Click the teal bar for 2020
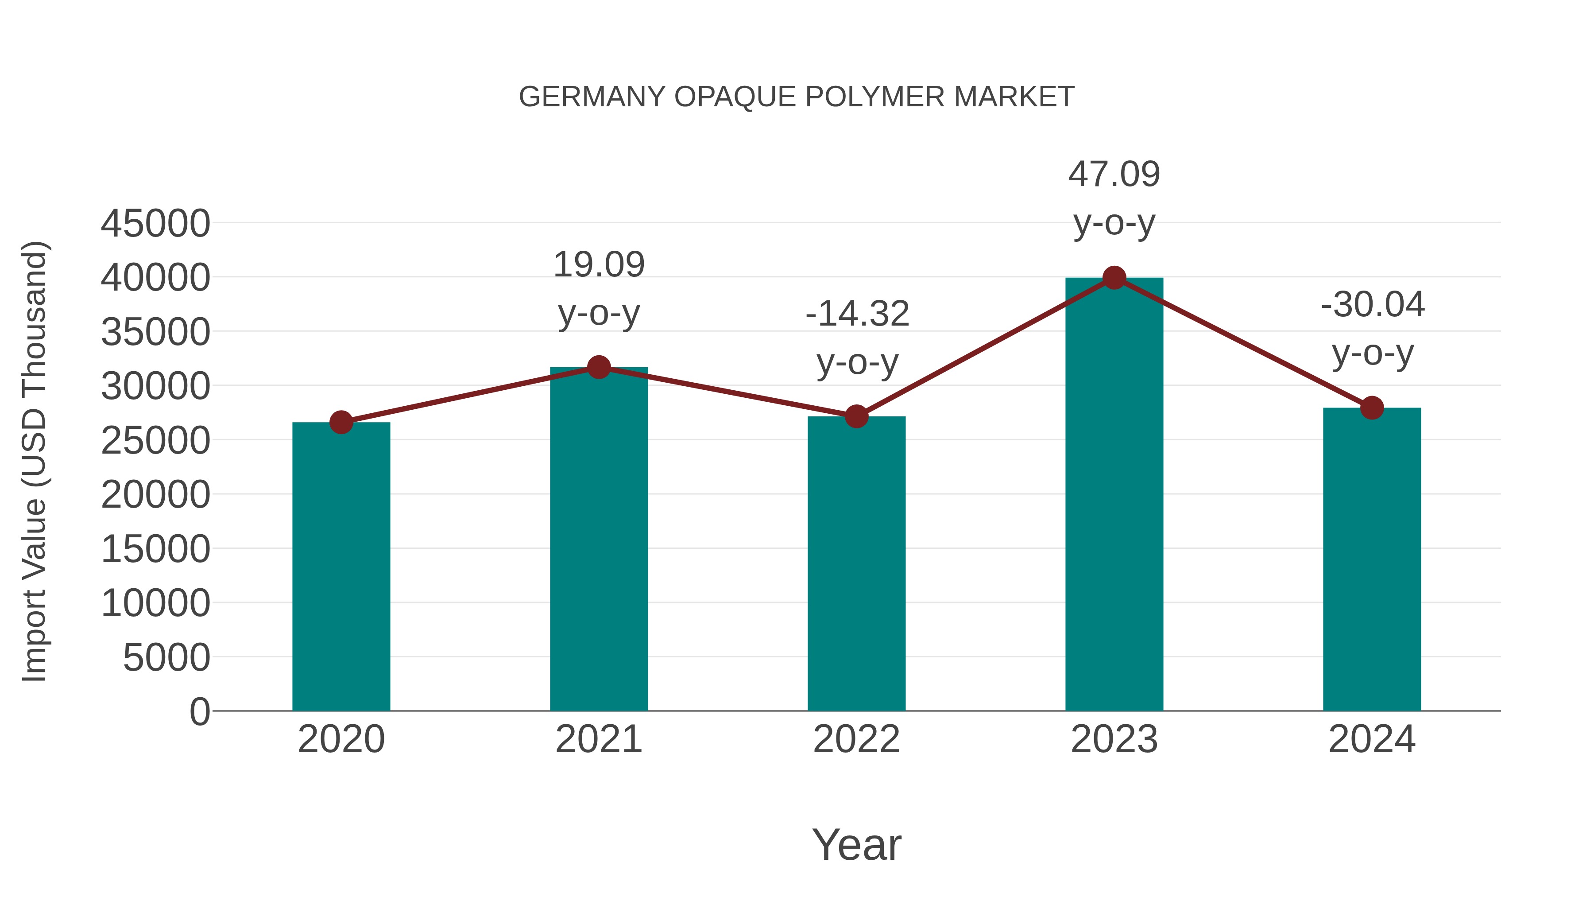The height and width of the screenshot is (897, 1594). pyautogui.click(x=341, y=567)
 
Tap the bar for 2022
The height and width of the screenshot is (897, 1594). pyautogui.click(x=856, y=563)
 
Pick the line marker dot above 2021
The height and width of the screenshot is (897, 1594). pyautogui.click(x=598, y=368)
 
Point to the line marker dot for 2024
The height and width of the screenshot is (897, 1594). pyautogui.click(x=1372, y=408)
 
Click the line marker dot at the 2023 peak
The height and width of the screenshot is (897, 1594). pyautogui.click(x=1114, y=278)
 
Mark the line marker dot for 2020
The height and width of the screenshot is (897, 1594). pyautogui.click(x=341, y=423)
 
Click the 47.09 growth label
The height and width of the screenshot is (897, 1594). pyautogui.click(x=1114, y=175)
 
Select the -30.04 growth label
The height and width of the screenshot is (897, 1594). pyautogui.click(x=1373, y=305)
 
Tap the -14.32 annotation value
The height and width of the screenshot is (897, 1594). pyautogui.click(x=857, y=314)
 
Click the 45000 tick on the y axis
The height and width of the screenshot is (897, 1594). pyautogui.click(x=155, y=224)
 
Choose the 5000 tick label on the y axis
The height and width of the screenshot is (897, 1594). pyautogui.click(x=166, y=657)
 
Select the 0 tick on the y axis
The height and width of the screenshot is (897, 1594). pyautogui.click(x=200, y=711)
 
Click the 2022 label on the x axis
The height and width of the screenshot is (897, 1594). pyautogui.click(x=856, y=739)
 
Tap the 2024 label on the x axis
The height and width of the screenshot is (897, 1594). pyautogui.click(x=1372, y=739)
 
